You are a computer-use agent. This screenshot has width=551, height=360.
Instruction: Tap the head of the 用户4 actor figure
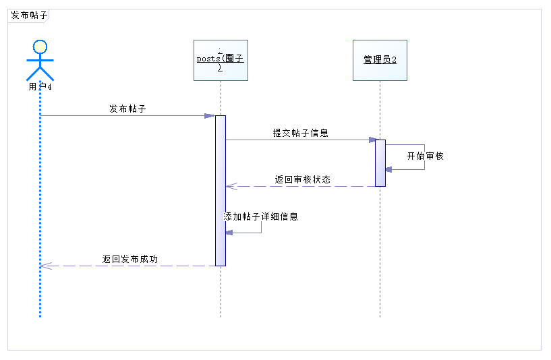(x=40, y=47)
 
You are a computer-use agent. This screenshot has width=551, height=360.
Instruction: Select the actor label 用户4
(x=40, y=87)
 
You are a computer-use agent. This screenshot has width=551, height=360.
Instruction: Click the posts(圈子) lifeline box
(x=221, y=60)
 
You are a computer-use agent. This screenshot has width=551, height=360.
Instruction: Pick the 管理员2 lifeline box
(x=380, y=60)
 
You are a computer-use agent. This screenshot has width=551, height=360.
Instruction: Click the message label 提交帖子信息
(x=300, y=133)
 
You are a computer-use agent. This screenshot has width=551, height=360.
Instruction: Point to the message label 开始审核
(x=425, y=156)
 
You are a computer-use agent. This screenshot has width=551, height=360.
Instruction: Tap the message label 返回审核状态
(x=303, y=180)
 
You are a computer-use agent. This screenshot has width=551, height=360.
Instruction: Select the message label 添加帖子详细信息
(x=261, y=217)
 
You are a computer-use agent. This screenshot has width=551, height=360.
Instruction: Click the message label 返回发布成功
(x=130, y=259)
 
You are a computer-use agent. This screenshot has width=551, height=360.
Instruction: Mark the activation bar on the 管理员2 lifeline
(x=380, y=162)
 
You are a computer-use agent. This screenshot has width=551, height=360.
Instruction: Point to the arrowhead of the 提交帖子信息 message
(x=372, y=140)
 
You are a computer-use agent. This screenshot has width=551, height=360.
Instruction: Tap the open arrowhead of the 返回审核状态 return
(x=230, y=187)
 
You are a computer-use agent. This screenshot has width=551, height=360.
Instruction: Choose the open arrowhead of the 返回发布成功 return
(x=45, y=266)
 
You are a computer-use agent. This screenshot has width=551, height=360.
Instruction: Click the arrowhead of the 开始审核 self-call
(x=389, y=169)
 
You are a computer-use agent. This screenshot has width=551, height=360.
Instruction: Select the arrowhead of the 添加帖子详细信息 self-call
(x=229, y=233)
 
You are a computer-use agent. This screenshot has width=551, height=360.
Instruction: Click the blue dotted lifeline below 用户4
(x=40, y=202)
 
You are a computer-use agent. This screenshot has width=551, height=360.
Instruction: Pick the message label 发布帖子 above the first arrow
(x=127, y=109)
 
